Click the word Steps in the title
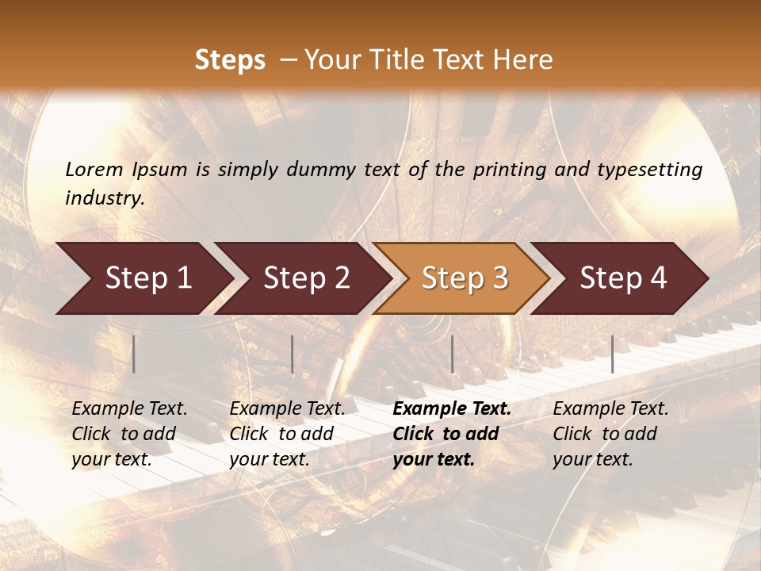(x=230, y=60)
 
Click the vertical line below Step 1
(x=134, y=354)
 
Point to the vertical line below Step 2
(x=293, y=354)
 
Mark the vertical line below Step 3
(x=452, y=354)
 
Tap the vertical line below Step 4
(x=612, y=354)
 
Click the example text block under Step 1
(x=129, y=434)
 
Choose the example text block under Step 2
(x=287, y=434)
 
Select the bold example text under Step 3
(x=452, y=434)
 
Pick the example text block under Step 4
(x=610, y=434)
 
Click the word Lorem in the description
(x=94, y=169)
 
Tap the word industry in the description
(x=105, y=198)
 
